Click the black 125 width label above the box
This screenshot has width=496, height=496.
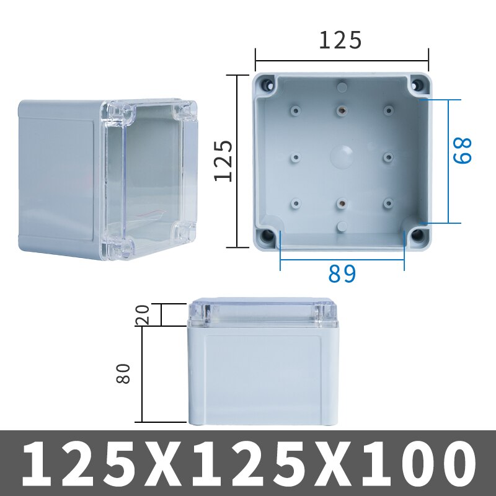point(340,40)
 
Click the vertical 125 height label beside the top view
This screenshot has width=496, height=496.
point(224,161)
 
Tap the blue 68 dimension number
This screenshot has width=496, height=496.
point(463,150)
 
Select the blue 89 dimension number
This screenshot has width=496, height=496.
point(342,273)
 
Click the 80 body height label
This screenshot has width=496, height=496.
point(124,373)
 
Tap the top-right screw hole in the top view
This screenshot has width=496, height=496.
point(417,84)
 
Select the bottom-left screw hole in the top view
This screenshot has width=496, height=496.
point(267,235)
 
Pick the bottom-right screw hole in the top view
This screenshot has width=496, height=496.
point(418,235)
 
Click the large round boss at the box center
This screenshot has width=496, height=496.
point(342,156)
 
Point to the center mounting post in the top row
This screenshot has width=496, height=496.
point(341,110)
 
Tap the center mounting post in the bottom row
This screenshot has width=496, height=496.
point(341,202)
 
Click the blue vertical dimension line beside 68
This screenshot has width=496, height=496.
point(448,161)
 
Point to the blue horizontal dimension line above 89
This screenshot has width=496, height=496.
point(342,259)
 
